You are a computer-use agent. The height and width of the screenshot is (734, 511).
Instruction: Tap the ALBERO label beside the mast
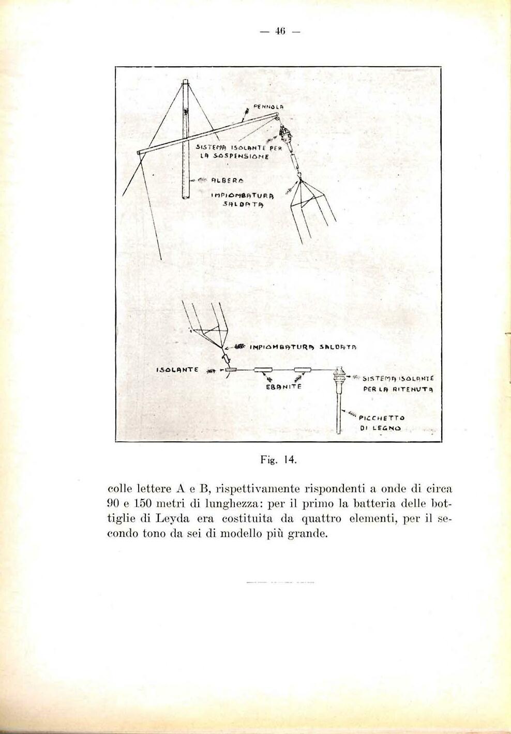coord(224,180)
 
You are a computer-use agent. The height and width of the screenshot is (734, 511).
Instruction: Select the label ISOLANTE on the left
coord(177,369)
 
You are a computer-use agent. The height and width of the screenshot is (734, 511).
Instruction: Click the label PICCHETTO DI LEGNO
coord(382,423)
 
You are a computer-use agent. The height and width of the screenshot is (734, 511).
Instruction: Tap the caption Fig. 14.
coord(278,459)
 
